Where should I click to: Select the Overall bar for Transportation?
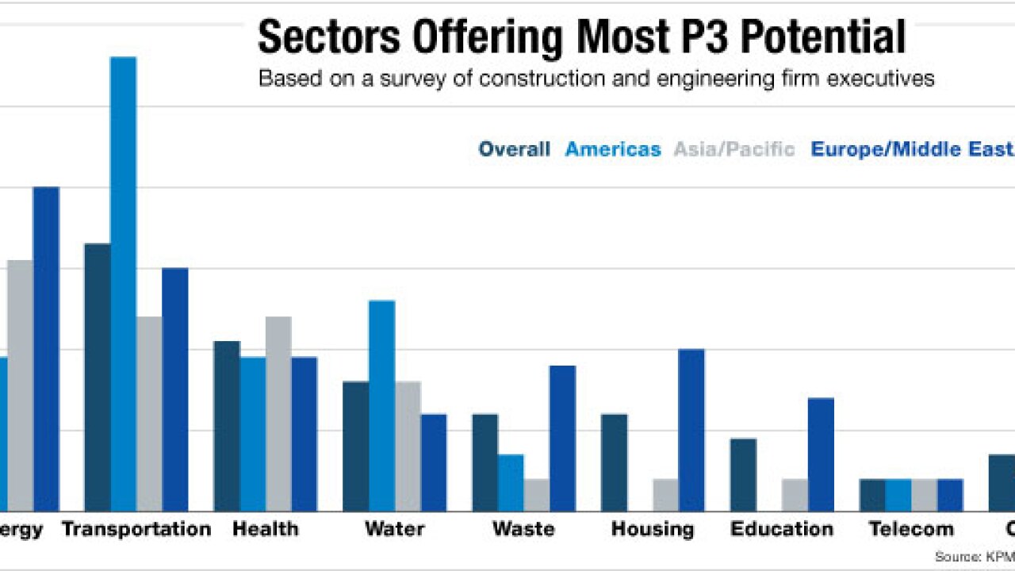98,377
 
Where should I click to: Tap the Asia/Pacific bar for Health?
278,413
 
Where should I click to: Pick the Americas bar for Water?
381,405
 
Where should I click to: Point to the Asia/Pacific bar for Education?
795,495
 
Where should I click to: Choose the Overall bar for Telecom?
872,495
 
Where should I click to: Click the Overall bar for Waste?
485,462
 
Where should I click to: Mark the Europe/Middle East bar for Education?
821,454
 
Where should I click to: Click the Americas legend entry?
612,149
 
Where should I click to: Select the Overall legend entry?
514,149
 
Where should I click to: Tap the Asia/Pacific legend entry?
734,149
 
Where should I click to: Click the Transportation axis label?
136,529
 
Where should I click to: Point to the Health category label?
265,529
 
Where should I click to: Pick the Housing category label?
653,529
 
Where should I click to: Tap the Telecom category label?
911,529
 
